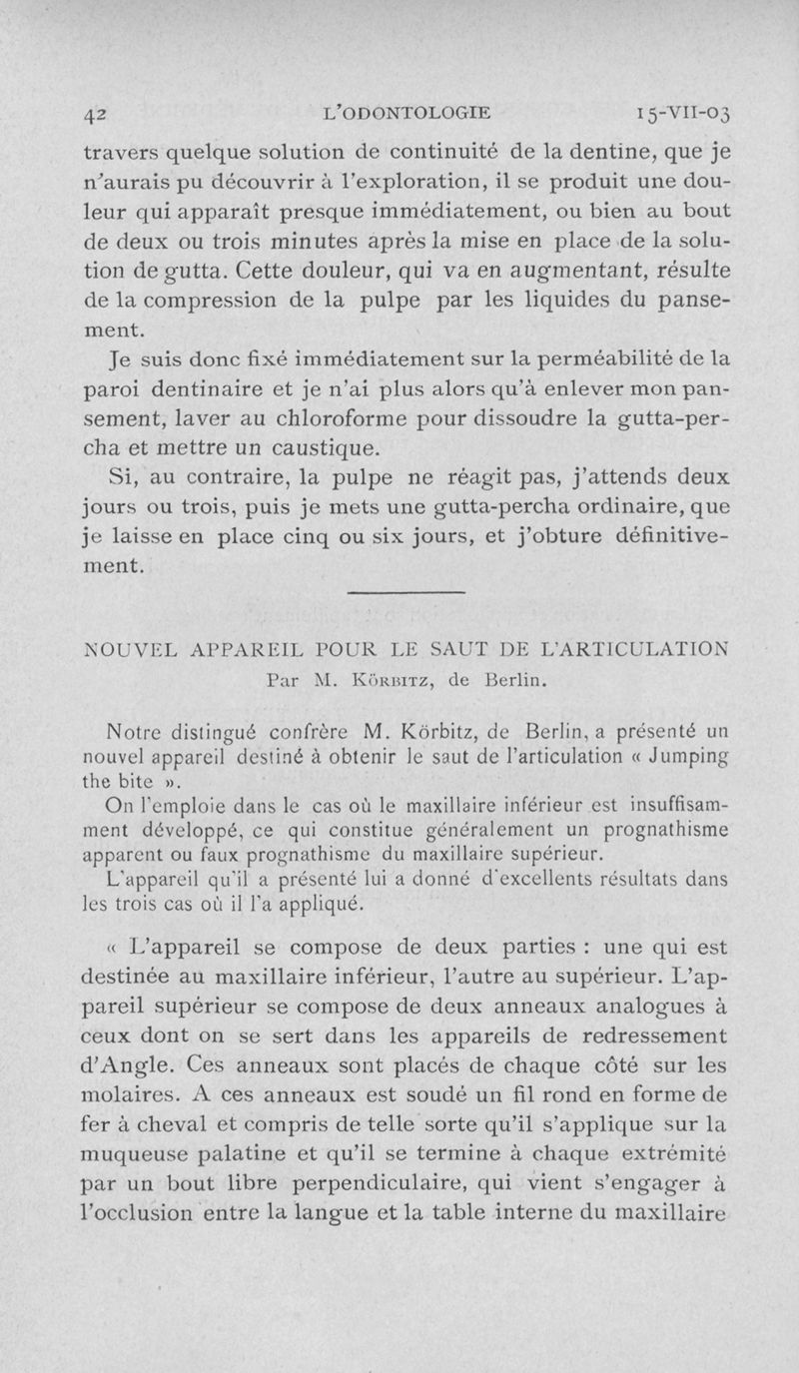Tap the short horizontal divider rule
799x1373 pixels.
click(406, 596)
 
